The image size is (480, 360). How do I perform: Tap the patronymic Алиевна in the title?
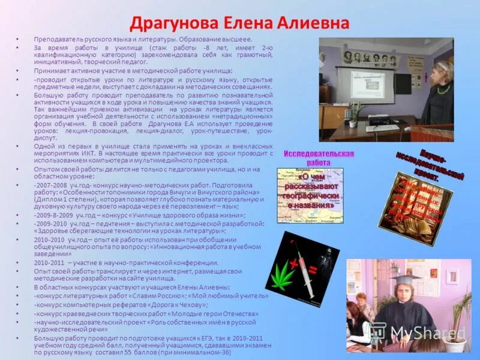coord(314,23)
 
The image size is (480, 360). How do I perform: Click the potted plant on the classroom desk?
coord(356,109)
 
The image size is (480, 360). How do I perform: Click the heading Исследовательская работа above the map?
coord(319,158)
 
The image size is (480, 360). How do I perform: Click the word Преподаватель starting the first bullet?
coord(55,38)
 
